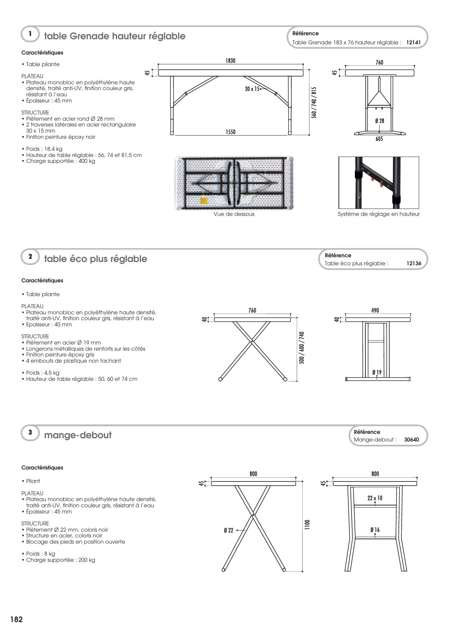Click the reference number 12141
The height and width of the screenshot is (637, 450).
[x=413, y=43]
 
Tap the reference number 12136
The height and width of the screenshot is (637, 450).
[x=414, y=263]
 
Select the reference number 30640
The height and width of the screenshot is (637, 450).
[x=412, y=440]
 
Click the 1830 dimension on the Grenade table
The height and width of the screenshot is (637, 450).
[x=230, y=61]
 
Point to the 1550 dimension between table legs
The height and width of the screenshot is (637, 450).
[x=231, y=132]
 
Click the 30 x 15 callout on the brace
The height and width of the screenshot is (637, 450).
[x=252, y=89]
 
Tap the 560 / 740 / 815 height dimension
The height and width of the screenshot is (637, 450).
[x=314, y=102]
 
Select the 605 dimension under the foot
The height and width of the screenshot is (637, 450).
[x=379, y=139]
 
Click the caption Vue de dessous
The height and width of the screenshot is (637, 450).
[x=234, y=214]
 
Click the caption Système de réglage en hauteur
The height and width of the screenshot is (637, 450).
[x=378, y=214]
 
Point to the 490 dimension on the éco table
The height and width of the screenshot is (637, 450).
[x=375, y=310]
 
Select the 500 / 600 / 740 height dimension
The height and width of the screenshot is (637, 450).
[x=302, y=347]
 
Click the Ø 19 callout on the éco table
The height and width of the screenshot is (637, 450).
[x=377, y=372]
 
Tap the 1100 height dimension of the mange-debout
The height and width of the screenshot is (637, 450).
[x=307, y=524]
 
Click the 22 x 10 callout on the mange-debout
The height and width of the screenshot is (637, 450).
[x=375, y=498]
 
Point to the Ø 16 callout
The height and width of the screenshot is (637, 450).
[x=375, y=530]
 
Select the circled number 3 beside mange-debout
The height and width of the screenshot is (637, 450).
[x=30, y=432]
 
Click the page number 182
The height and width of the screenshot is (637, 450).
[x=16, y=620]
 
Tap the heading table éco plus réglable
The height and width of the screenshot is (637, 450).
[x=96, y=259]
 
